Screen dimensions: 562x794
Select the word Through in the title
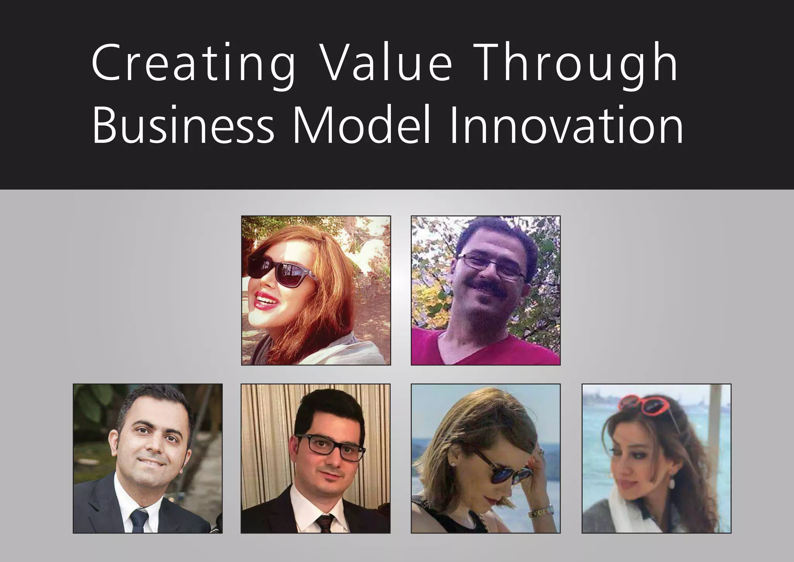point(577,63)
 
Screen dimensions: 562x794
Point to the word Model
point(361,125)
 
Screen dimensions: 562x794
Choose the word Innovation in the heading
point(566,125)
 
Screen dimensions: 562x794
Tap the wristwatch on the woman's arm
point(540,512)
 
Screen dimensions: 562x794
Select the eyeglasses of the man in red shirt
point(490,265)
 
